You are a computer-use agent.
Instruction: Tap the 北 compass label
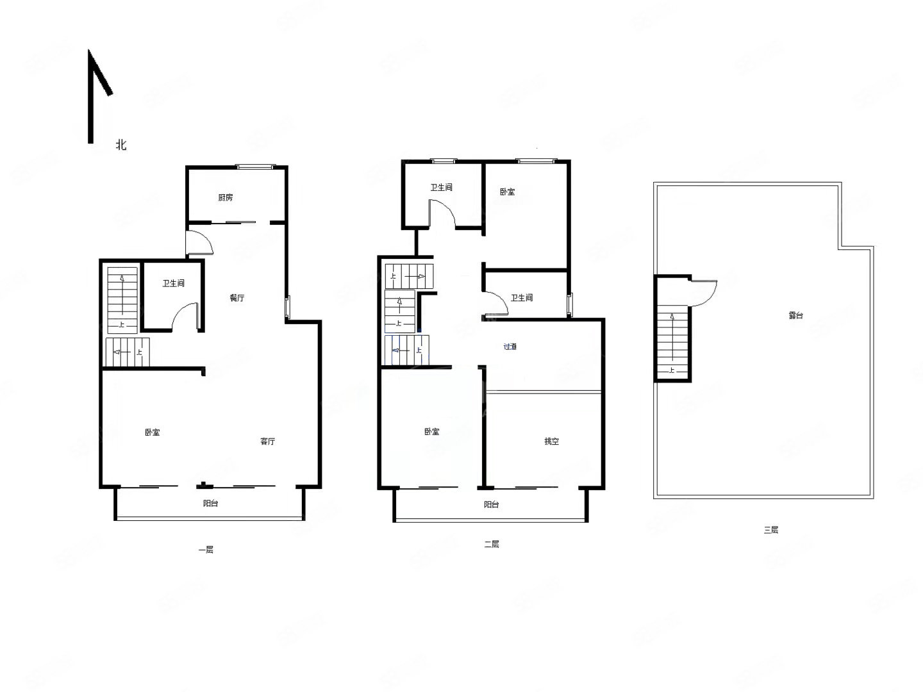coord(121,145)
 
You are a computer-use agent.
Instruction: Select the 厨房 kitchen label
coord(226,197)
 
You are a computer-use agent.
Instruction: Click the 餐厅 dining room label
coord(237,298)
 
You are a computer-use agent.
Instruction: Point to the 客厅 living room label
coord(267,441)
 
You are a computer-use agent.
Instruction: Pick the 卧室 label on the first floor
coord(152,432)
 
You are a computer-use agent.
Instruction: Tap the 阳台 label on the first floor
coord(210,504)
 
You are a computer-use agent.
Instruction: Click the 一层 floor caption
coord(206,550)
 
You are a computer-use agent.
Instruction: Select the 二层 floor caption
coord(491,545)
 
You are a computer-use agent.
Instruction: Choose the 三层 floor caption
coord(771,531)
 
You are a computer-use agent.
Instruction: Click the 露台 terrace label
coord(795,315)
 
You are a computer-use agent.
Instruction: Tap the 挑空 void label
coord(551,441)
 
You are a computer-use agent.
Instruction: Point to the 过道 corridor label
coord(510,347)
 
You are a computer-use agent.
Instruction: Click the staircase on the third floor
coord(673,342)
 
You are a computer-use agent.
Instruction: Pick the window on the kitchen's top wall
coord(255,167)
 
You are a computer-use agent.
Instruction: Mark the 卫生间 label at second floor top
coord(441,187)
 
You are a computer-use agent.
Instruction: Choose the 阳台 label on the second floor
coord(491,505)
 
